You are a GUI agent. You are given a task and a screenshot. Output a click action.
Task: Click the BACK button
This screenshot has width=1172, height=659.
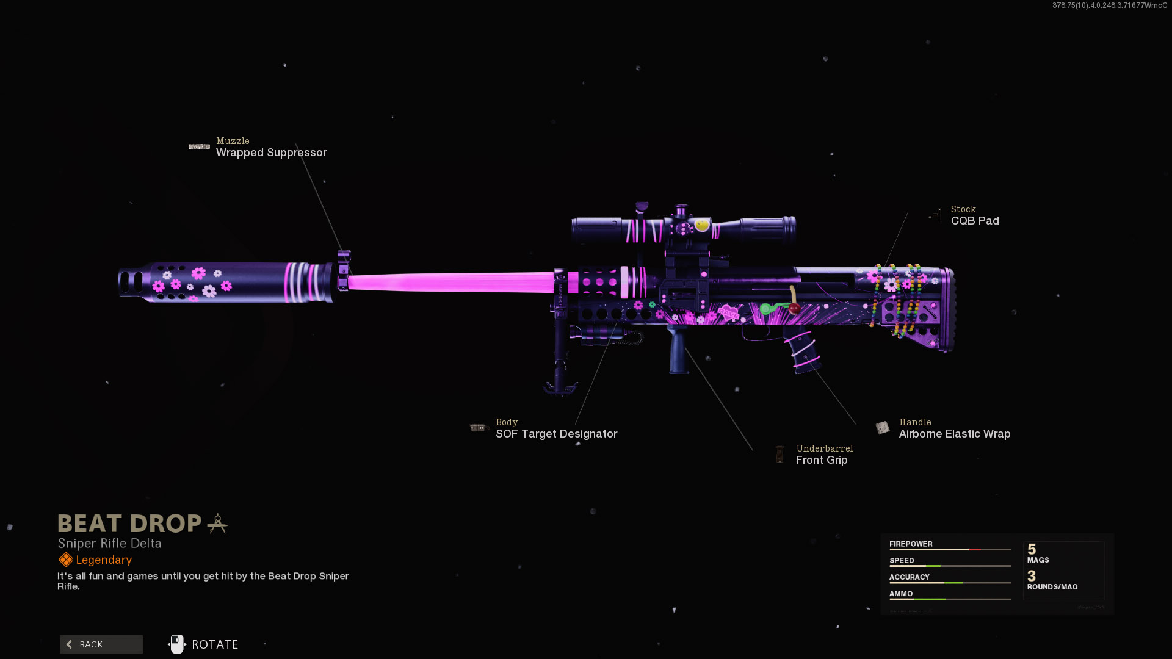click(x=101, y=644)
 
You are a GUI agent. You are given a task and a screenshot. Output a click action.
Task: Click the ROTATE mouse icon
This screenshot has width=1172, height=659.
click(x=176, y=644)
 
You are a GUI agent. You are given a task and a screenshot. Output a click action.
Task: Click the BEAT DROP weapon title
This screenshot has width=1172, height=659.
click(x=129, y=524)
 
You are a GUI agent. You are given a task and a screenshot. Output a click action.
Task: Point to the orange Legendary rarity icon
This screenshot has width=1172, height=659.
click(x=66, y=560)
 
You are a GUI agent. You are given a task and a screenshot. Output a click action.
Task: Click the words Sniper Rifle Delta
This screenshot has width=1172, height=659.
click(x=110, y=543)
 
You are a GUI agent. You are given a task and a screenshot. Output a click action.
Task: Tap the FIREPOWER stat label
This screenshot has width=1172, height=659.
click(x=911, y=544)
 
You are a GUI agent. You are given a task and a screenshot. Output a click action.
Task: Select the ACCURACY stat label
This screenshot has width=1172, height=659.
click(x=909, y=577)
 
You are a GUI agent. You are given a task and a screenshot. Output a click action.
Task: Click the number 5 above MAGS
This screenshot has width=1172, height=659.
click(x=1032, y=549)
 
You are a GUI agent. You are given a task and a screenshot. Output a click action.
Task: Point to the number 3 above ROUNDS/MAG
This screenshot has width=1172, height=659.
click(x=1032, y=576)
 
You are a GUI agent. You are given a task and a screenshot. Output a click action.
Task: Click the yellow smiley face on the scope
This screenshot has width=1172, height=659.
click(x=702, y=225)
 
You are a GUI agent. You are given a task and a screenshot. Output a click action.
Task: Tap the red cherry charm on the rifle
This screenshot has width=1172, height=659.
click(x=794, y=309)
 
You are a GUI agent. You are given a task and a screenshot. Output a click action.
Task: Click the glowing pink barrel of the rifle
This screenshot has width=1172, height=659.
click(x=452, y=283)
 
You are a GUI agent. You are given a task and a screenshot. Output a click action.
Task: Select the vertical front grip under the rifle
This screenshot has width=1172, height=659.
click(x=678, y=350)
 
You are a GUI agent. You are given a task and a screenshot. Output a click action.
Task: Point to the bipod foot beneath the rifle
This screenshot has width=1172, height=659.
click(x=560, y=388)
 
